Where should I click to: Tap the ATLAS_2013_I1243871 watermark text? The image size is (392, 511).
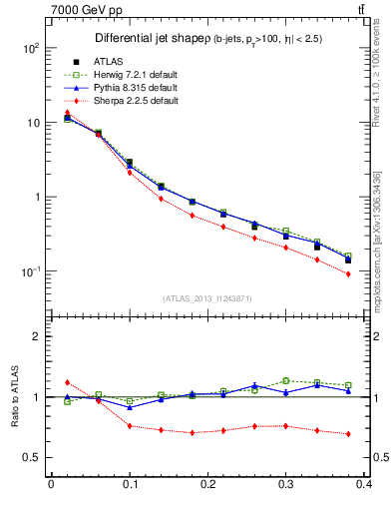coord(207,298)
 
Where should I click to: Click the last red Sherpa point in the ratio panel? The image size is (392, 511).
coord(348,434)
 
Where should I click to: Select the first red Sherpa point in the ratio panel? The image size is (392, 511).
coord(67,382)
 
